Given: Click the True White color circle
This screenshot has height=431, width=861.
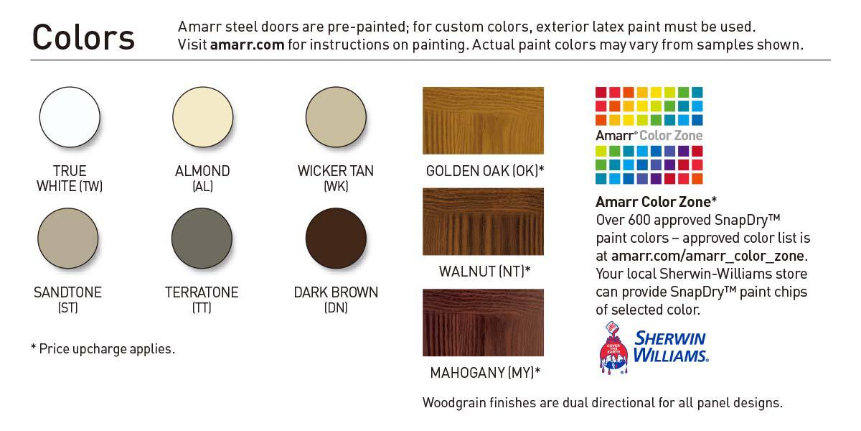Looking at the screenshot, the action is (70, 117).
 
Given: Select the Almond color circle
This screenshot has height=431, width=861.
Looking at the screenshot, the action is (203, 117).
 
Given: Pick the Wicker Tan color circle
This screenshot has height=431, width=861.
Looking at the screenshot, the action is (336, 117).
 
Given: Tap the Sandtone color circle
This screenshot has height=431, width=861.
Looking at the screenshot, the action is (68, 238).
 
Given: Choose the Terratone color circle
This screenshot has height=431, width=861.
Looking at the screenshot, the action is (202, 238).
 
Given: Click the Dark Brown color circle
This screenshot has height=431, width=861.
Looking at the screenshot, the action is (336, 238).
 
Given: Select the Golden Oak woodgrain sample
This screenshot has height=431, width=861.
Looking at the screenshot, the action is (483, 121).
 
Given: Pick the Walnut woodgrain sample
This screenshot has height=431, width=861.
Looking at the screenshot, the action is (483, 222).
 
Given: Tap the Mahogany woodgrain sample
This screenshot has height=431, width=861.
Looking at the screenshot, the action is (483, 323).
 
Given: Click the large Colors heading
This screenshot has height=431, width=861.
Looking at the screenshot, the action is (83, 37).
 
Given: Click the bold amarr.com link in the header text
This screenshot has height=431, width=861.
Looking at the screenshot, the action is (247, 45).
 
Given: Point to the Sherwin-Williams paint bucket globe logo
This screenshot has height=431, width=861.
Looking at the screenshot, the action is (613, 348).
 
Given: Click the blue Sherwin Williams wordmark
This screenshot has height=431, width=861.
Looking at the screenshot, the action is (671, 346).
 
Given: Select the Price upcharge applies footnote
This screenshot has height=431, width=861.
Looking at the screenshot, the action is (103, 348).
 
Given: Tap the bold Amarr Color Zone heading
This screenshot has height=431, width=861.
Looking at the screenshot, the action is (656, 202).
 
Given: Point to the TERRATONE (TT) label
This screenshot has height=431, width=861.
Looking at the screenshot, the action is (202, 300).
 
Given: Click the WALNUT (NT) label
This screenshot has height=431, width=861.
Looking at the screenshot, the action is (484, 272).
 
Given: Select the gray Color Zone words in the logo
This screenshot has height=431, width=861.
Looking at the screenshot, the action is (671, 136).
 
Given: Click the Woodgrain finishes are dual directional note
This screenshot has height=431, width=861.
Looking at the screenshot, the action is (602, 402).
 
